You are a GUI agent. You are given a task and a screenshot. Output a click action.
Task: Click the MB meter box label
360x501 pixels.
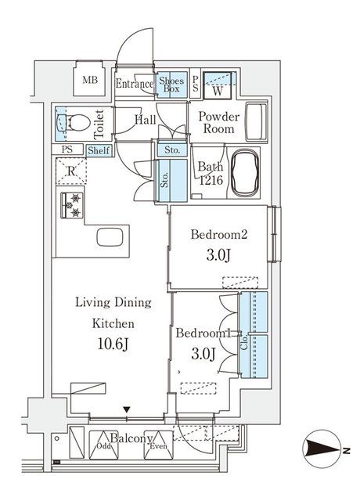[90, 80]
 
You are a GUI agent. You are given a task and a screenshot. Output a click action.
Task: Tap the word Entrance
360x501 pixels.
[135, 84]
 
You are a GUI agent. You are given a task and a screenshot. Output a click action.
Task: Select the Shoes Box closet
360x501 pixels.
[171, 84]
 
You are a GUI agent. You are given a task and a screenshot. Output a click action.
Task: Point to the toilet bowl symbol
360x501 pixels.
[74, 123]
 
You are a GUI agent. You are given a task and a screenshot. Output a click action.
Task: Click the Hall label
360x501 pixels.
[145, 120]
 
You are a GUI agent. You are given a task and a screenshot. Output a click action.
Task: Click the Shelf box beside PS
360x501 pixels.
[99, 150]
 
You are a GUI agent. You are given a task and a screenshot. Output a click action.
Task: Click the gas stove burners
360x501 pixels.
[71, 205]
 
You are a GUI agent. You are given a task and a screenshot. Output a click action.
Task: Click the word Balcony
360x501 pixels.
[129, 438]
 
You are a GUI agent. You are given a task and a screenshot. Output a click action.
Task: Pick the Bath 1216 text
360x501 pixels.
[211, 172]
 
